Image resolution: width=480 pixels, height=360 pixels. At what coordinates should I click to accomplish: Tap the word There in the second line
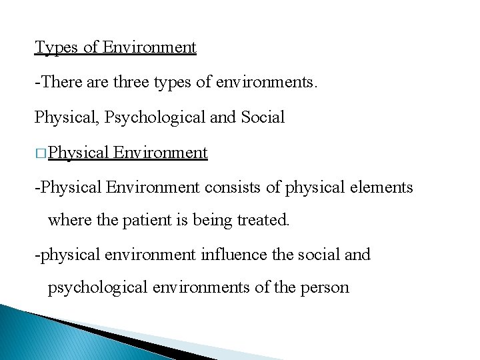click(63, 83)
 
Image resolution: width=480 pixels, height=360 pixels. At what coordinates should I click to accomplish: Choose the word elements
click(381, 187)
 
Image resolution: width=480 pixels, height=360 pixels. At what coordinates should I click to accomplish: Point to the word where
click(69, 219)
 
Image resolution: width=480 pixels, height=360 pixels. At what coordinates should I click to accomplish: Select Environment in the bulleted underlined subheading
click(161, 153)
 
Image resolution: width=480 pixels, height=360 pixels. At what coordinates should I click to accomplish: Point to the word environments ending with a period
click(278, 83)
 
